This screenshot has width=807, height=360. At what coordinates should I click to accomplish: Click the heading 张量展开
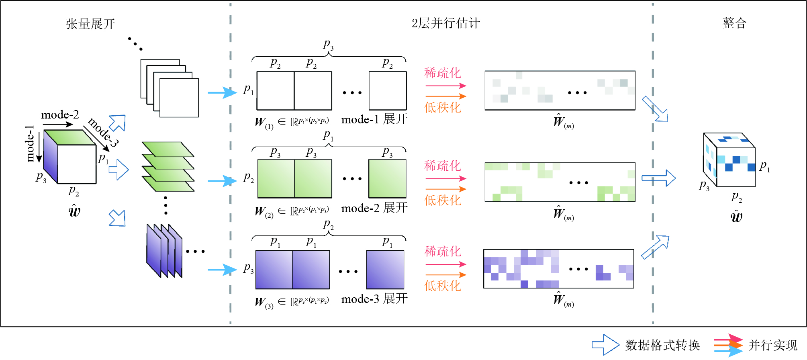click(x=90, y=24)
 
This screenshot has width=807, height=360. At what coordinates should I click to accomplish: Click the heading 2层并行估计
click(x=445, y=23)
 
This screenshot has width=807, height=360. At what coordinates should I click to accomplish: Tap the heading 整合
click(x=734, y=23)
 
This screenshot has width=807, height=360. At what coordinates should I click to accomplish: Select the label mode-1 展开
click(x=374, y=119)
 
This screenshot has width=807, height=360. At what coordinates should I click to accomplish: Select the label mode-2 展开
click(x=374, y=208)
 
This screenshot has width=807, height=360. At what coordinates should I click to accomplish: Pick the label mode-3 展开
click(x=374, y=299)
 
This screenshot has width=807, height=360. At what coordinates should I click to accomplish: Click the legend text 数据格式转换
click(x=662, y=345)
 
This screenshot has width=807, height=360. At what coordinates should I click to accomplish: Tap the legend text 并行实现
click(x=773, y=345)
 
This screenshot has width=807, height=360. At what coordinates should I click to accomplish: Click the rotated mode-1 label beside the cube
click(x=30, y=143)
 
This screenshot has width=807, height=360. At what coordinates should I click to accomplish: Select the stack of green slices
click(x=168, y=166)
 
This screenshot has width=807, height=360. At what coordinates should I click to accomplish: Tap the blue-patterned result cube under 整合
click(x=729, y=160)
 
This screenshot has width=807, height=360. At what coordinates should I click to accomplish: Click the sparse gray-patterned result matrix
click(x=560, y=90)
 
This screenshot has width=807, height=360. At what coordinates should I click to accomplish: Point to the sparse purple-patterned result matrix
click(x=558, y=268)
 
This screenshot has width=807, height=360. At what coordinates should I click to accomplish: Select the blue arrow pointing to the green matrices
click(x=222, y=181)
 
